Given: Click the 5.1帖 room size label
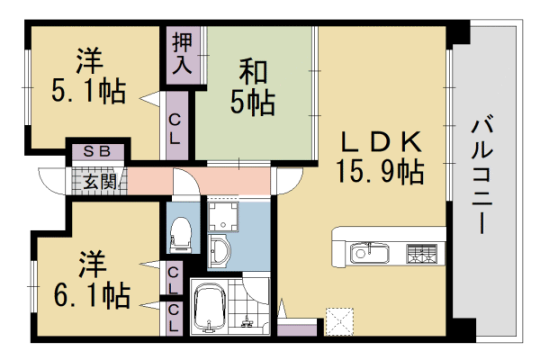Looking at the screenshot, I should [87, 91].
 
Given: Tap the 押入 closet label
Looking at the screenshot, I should [182, 53].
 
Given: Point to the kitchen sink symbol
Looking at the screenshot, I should [368, 251].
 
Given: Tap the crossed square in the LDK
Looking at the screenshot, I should [338, 320].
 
